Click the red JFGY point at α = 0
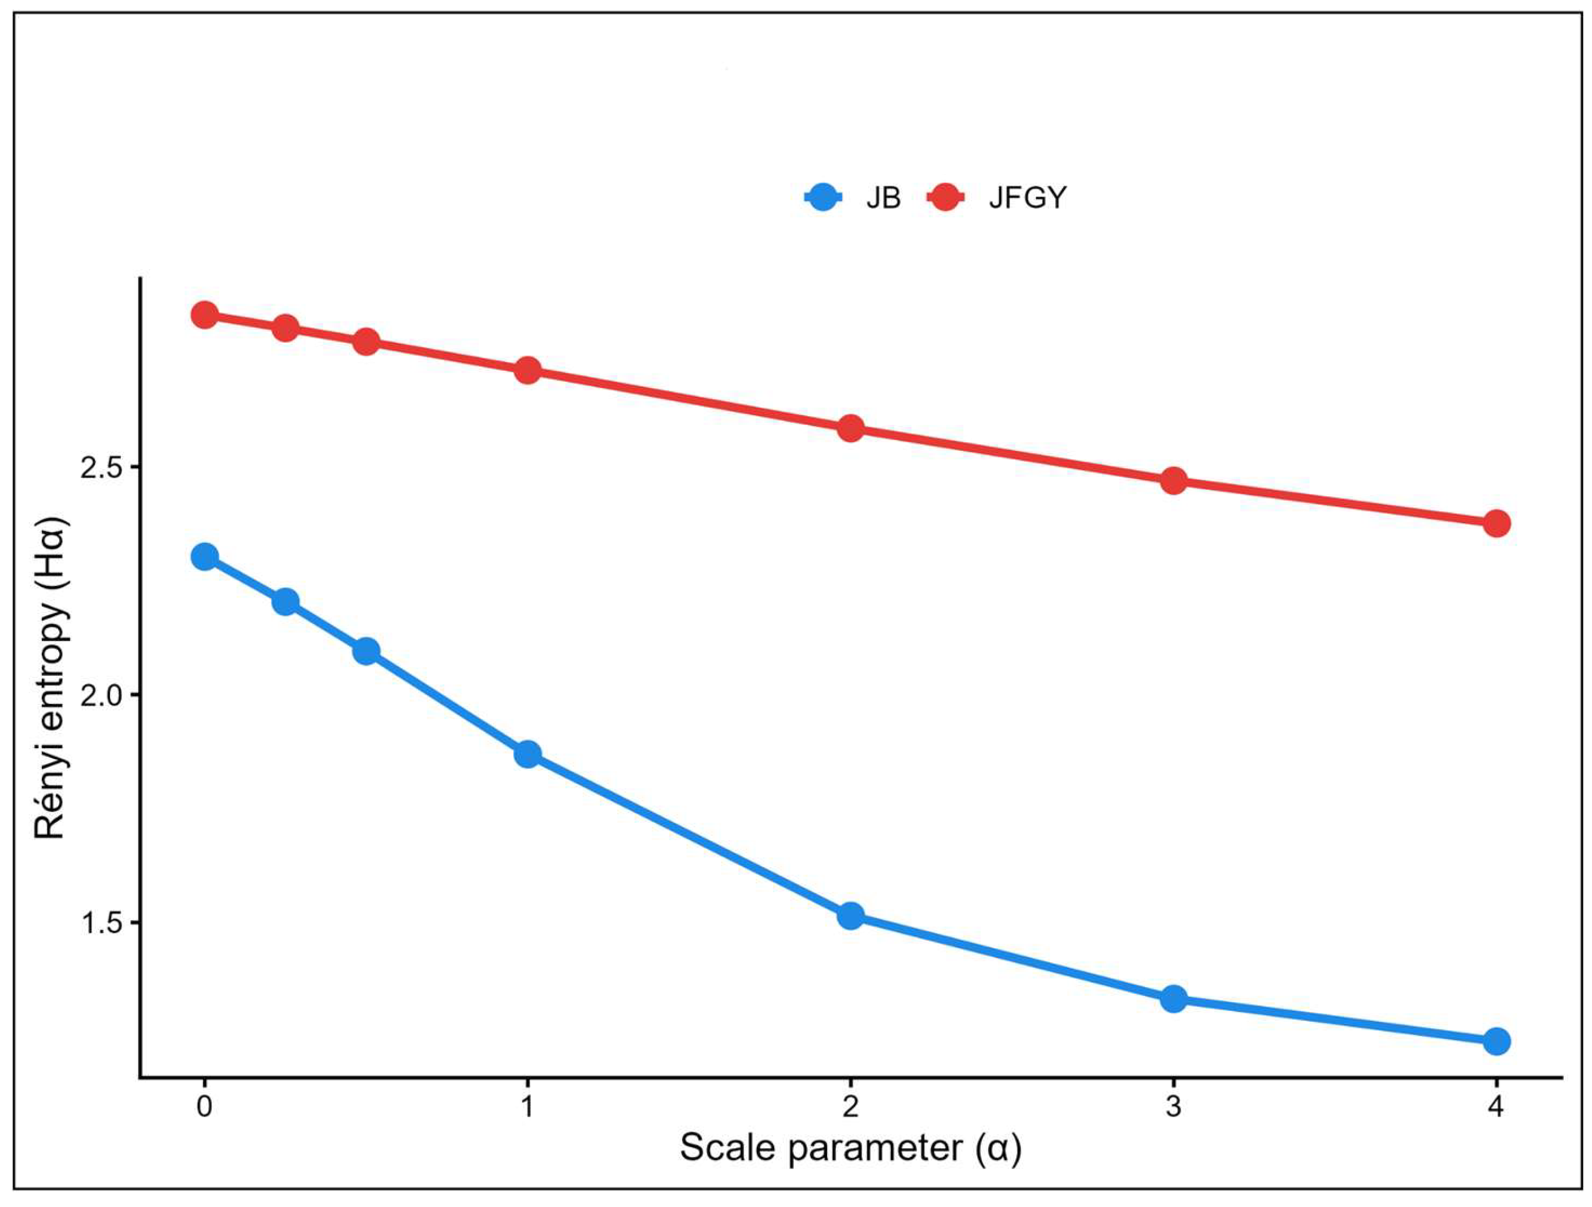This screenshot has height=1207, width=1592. (x=205, y=315)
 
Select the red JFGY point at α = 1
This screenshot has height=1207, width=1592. (x=527, y=371)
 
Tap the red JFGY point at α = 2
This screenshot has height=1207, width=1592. (x=851, y=428)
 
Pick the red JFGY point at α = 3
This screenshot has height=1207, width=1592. (x=1174, y=481)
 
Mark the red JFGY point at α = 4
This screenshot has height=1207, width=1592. (x=1497, y=523)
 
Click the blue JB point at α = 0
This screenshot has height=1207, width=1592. (x=205, y=557)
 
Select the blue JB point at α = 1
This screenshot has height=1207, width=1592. (x=527, y=754)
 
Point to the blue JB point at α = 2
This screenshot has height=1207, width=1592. (x=851, y=915)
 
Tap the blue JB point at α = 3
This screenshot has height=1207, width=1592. (x=1174, y=999)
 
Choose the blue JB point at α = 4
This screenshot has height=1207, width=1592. (x=1497, y=1041)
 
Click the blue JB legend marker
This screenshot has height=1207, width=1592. (x=824, y=197)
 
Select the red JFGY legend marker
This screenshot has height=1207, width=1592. (x=946, y=197)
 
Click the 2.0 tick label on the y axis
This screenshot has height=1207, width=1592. (x=99, y=695)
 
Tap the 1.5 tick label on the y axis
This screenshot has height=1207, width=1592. (x=99, y=924)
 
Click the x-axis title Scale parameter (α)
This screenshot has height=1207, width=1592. (x=850, y=1147)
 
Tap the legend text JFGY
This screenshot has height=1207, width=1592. (x=1027, y=197)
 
